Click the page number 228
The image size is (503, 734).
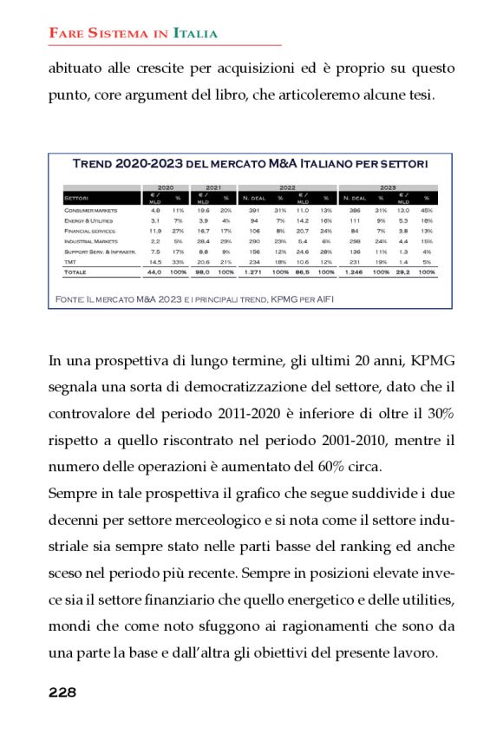(62, 691)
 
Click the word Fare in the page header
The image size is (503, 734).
(66, 34)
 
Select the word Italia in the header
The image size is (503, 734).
(195, 34)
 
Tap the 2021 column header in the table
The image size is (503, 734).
(212, 187)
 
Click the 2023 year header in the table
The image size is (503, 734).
(388, 187)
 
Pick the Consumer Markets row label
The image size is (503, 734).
(90, 211)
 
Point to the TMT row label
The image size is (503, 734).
(70, 261)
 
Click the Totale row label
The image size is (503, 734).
(75, 272)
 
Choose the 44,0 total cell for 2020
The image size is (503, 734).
(154, 272)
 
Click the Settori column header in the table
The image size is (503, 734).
(76, 198)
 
